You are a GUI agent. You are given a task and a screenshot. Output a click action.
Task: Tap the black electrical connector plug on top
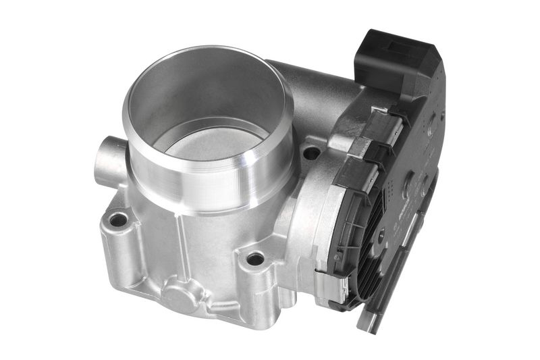point(395,61)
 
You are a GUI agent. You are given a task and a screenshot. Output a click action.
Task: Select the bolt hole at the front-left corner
point(118,219)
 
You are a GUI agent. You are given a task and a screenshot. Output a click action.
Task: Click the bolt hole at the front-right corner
point(255,259)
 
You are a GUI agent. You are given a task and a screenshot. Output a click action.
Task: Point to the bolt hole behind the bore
point(311,153)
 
